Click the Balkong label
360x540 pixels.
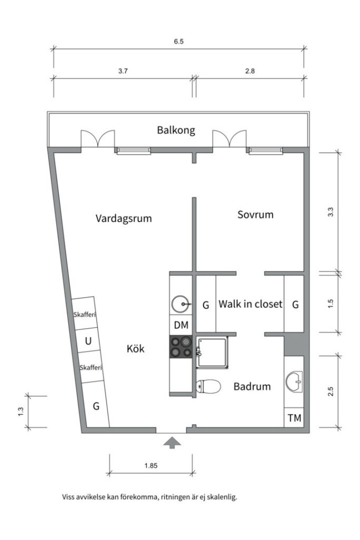tap(176, 130)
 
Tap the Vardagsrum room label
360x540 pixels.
tap(124, 218)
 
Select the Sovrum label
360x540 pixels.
tap(255, 215)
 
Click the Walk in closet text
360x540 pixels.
tap(250, 304)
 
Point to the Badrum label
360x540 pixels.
tap(252, 387)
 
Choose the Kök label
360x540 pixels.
tap(135, 349)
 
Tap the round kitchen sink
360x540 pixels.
tap(181, 304)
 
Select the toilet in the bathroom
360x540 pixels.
tap(208, 387)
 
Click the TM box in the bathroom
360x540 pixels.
tap(294, 419)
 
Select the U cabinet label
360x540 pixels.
tap(88, 341)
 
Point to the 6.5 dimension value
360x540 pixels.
tap(178, 42)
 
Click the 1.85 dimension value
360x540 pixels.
tap(151, 466)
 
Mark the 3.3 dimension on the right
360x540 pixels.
tap(330, 212)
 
